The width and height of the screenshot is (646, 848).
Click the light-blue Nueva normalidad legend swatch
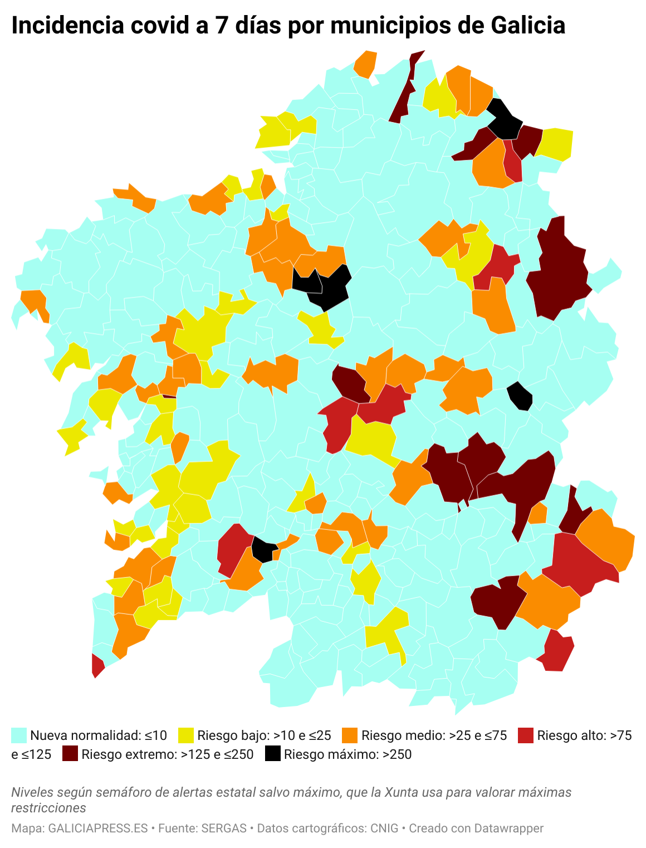click(19, 735)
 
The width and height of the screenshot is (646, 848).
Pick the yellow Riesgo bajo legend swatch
click(186, 735)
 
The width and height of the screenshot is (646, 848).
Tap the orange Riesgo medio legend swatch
click(350, 735)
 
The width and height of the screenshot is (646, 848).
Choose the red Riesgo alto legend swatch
click(525, 735)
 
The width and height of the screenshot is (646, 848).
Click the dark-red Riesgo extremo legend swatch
click(70, 754)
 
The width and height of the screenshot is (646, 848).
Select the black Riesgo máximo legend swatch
click(273, 754)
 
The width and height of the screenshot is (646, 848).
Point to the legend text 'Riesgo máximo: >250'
click(348, 754)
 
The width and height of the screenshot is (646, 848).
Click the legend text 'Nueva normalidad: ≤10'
click(99, 735)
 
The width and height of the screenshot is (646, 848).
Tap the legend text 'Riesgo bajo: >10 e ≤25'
click(264, 735)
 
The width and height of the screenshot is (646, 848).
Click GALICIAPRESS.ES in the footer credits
click(98, 828)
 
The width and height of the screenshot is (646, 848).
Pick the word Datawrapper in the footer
click(508, 828)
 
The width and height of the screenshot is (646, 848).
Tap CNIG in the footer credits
click(384, 828)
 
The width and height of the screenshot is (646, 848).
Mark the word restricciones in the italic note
click(48, 808)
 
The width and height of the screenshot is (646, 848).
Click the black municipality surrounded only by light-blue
click(521, 396)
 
